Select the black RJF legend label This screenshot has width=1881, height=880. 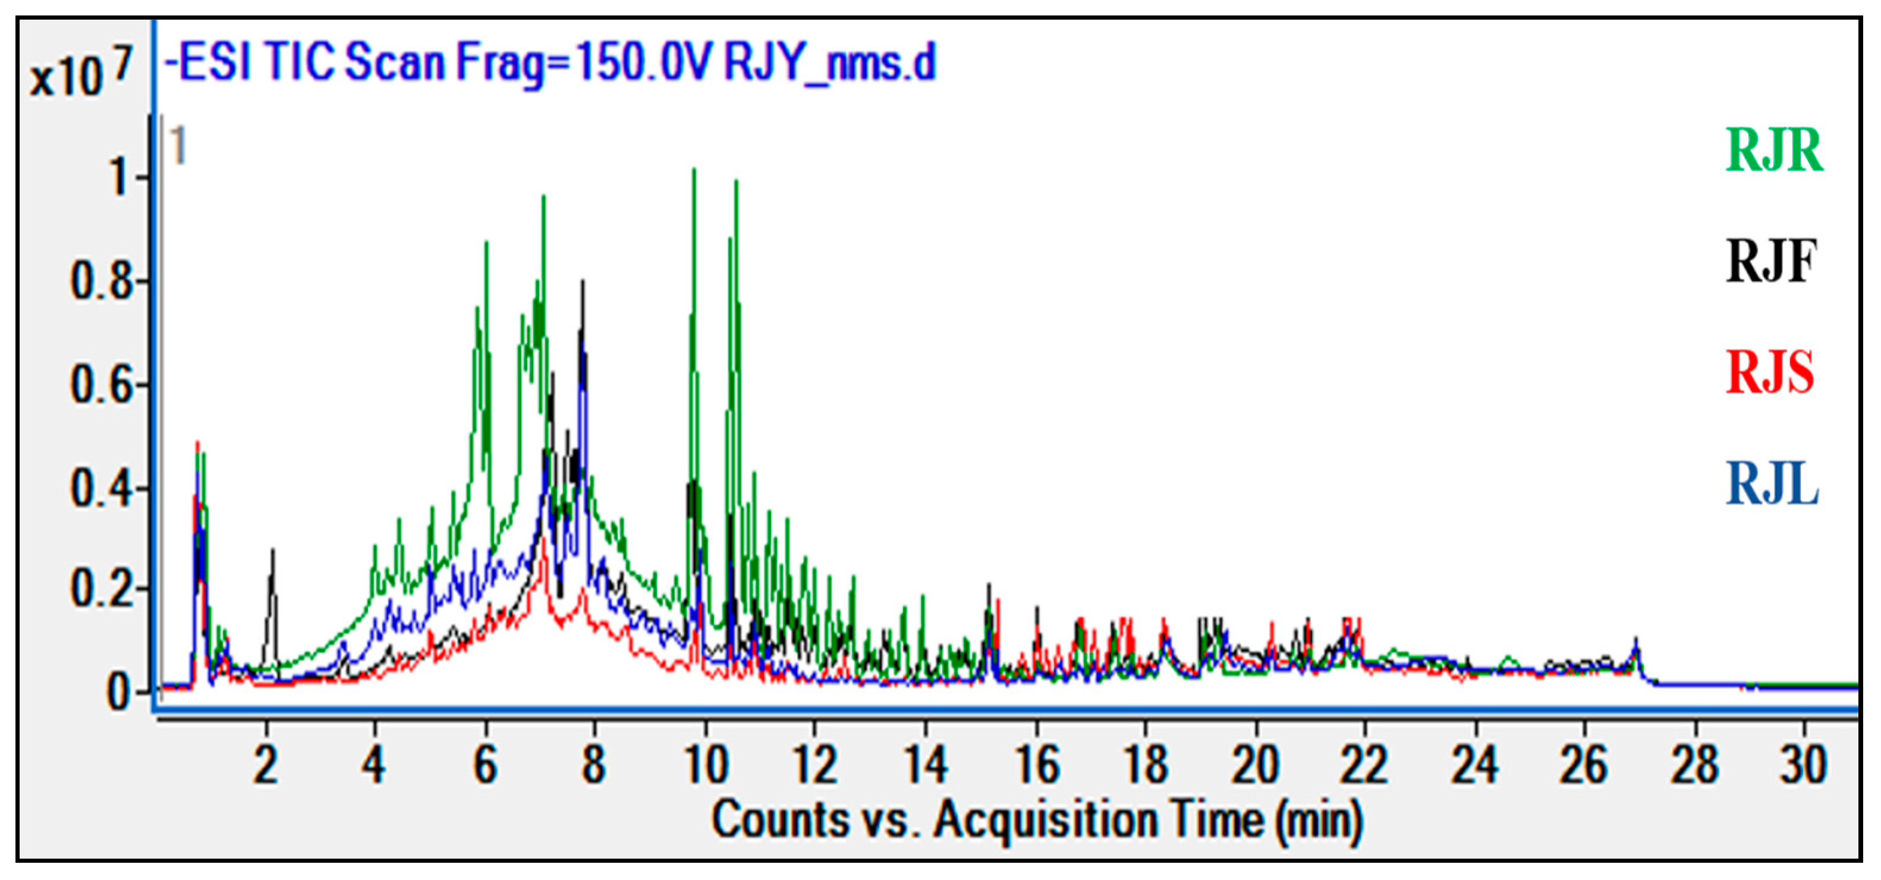tap(1771, 262)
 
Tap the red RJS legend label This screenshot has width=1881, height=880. tap(1770, 372)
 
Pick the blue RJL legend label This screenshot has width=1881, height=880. tap(1772, 484)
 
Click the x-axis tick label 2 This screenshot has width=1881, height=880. tap(266, 765)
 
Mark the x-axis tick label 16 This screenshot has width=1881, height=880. tap(1037, 765)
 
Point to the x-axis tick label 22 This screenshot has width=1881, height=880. tap(1364, 765)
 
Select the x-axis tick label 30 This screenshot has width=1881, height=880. tap(1804, 765)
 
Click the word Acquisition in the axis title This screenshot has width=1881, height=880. tap(1099, 819)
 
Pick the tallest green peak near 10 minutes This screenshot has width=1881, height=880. tap(694, 170)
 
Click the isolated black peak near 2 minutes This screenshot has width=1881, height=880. tap(272, 551)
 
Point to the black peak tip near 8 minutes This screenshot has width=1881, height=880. tap(583, 281)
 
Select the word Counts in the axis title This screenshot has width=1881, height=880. tap(778, 819)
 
